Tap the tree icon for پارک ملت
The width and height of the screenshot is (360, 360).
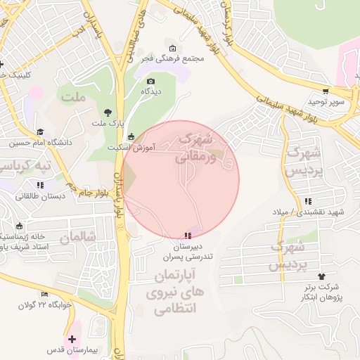107,112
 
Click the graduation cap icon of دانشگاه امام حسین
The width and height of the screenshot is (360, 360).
40,131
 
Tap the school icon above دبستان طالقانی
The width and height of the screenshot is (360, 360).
40,185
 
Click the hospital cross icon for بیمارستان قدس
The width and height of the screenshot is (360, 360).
72,339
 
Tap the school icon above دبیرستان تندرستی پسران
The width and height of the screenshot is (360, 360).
186,236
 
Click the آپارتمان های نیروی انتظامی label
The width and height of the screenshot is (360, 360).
173,290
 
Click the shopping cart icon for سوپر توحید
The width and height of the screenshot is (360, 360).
326,91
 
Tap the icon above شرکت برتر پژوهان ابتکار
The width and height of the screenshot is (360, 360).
322,276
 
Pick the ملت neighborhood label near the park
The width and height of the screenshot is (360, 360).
72,97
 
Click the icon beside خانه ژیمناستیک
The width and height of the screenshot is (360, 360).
18,226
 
